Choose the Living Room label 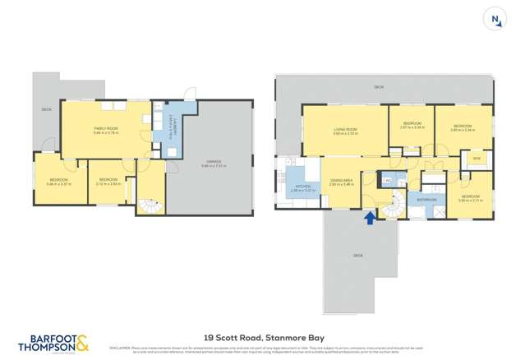click(344, 131)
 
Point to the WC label click(389, 178)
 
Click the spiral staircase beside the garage click(149, 201)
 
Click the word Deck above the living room click(379, 86)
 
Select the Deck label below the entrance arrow click(357, 256)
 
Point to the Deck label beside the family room click(47, 109)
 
